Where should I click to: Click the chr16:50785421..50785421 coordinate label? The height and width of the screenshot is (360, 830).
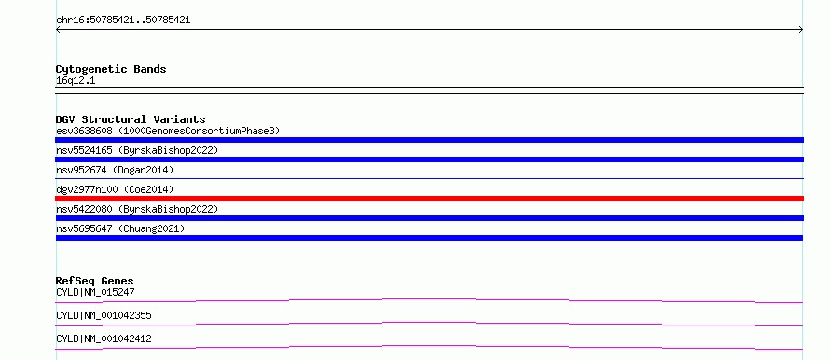(123, 21)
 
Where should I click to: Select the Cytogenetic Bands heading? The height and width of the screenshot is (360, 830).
(111, 69)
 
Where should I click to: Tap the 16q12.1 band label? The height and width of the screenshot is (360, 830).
(76, 81)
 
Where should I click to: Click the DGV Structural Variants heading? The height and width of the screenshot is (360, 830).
(131, 119)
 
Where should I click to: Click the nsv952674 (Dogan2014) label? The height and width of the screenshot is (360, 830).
(115, 170)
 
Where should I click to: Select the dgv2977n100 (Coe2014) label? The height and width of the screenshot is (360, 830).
(115, 189)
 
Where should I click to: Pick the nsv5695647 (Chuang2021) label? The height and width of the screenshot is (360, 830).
(120, 228)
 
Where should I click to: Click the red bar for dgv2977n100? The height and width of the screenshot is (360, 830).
(429, 199)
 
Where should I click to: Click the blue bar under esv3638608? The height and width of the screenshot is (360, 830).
(429, 140)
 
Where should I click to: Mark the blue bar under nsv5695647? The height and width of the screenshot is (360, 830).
(429, 238)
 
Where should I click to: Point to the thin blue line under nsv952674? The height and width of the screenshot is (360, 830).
(429, 178)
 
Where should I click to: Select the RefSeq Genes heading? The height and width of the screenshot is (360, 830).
(95, 281)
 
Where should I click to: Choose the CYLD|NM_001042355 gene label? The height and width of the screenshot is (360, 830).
(104, 315)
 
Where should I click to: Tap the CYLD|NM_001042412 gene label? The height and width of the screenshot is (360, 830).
(104, 339)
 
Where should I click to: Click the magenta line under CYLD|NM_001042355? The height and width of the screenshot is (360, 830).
(429, 323)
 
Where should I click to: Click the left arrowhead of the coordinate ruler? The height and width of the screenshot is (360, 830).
(57, 30)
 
